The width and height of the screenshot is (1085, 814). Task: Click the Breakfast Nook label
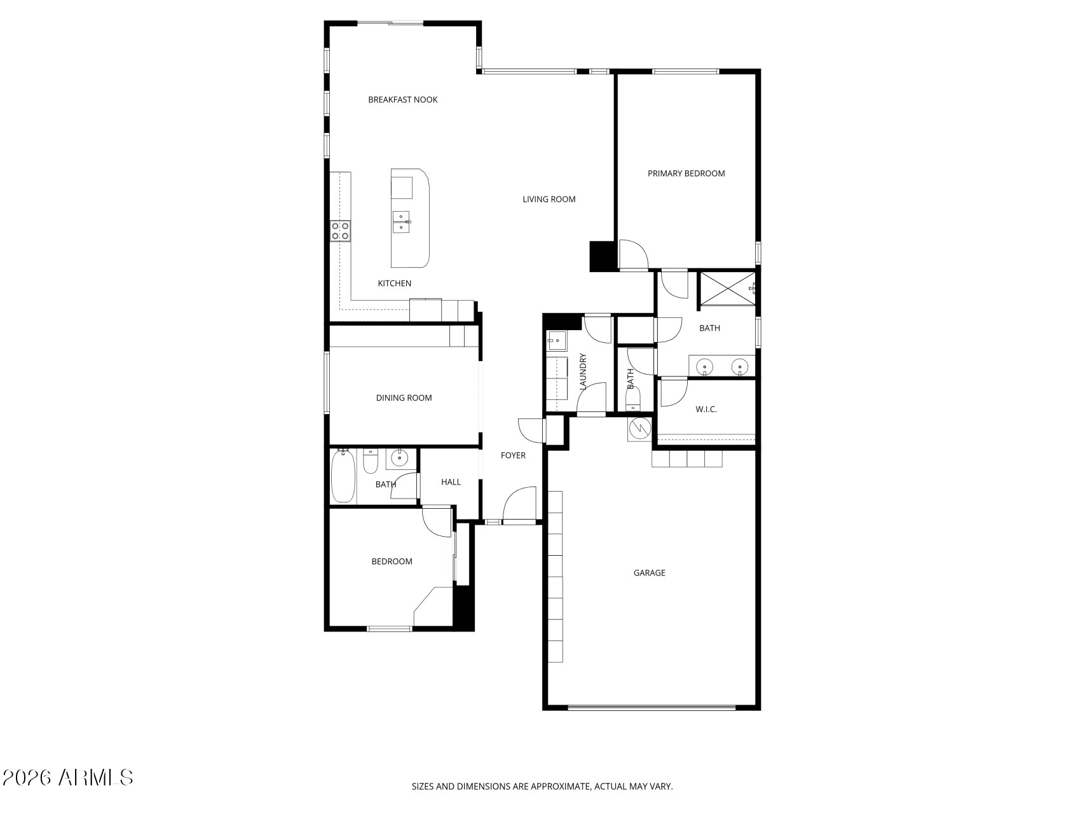point(403,100)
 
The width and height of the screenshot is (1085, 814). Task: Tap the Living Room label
point(549,199)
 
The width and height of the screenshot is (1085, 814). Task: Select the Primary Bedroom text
point(686,173)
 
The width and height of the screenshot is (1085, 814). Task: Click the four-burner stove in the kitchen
point(340,231)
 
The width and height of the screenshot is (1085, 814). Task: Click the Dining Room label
point(404,398)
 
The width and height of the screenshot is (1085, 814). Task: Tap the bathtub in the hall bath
point(343,476)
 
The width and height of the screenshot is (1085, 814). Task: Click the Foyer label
point(514,455)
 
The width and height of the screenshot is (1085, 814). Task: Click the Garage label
point(650,573)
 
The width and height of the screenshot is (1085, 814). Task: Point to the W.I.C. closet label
point(706,410)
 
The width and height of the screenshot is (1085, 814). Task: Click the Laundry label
point(583,371)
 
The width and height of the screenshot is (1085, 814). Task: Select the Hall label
point(451,482)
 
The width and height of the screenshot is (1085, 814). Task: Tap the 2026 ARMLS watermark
point(67,777)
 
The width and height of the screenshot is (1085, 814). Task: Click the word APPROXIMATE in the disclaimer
point(560,787)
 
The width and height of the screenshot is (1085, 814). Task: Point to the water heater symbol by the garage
point(639,430)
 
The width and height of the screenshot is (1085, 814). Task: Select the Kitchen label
point(395,284)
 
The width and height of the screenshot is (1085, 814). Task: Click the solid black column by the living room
point(602,256)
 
